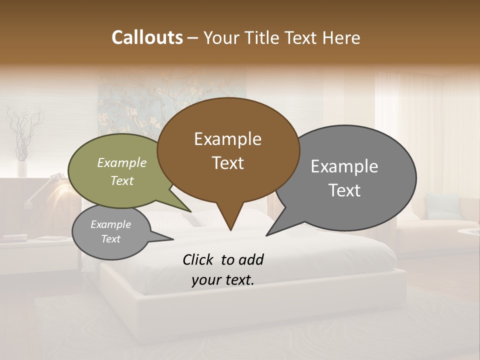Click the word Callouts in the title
click(x=147, y=37)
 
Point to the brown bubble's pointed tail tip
click(x=230, y=230)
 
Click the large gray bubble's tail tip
click(x=266, y=234)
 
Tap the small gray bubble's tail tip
click(x=172, y=239)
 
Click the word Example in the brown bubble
click(x=227, y=139)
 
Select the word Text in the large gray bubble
click(x=344, y=190)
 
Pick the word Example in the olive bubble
click(x=121, y=162)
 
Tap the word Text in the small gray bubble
click(x=111, y=239)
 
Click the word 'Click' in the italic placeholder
click(x=199, y=259)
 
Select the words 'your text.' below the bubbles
click(x=223, y=280)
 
